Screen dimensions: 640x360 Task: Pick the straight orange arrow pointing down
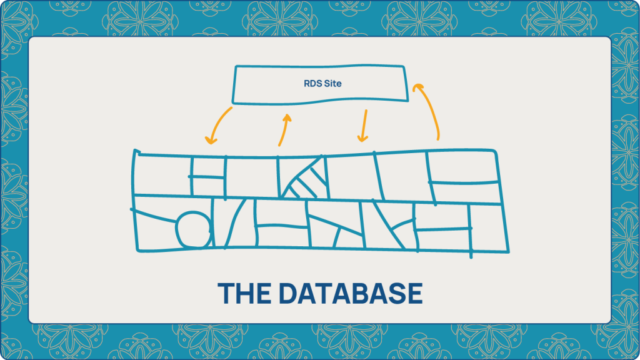point(364,126)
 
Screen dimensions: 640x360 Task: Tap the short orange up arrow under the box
point(284,131)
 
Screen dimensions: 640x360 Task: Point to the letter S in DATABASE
point(396,293)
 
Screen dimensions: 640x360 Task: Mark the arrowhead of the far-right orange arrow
point(418,87)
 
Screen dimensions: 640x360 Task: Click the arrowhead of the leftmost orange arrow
point(211,140)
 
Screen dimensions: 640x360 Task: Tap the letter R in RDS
point(307,84)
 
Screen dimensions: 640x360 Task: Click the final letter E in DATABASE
point(415,293)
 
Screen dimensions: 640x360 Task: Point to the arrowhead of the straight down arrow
point(362,138)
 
